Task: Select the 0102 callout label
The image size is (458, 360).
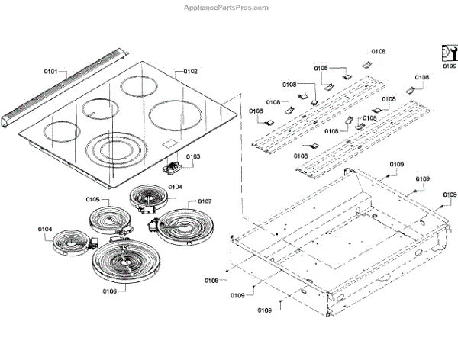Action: click(190, 71)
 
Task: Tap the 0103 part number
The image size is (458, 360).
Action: click(193, 157)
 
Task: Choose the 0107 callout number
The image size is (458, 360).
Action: click(204, 201)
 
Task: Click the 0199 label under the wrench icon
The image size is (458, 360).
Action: click(449, 66)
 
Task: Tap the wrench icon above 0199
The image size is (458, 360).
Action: click(449, 52)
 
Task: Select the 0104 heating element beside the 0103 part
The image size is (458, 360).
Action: click(149, 198)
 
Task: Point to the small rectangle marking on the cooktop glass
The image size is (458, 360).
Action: click(169, 145)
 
